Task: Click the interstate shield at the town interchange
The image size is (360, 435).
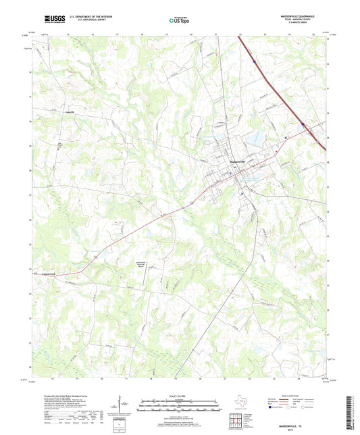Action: coord(305,124)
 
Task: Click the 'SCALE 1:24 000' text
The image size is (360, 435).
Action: coord(179,395)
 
